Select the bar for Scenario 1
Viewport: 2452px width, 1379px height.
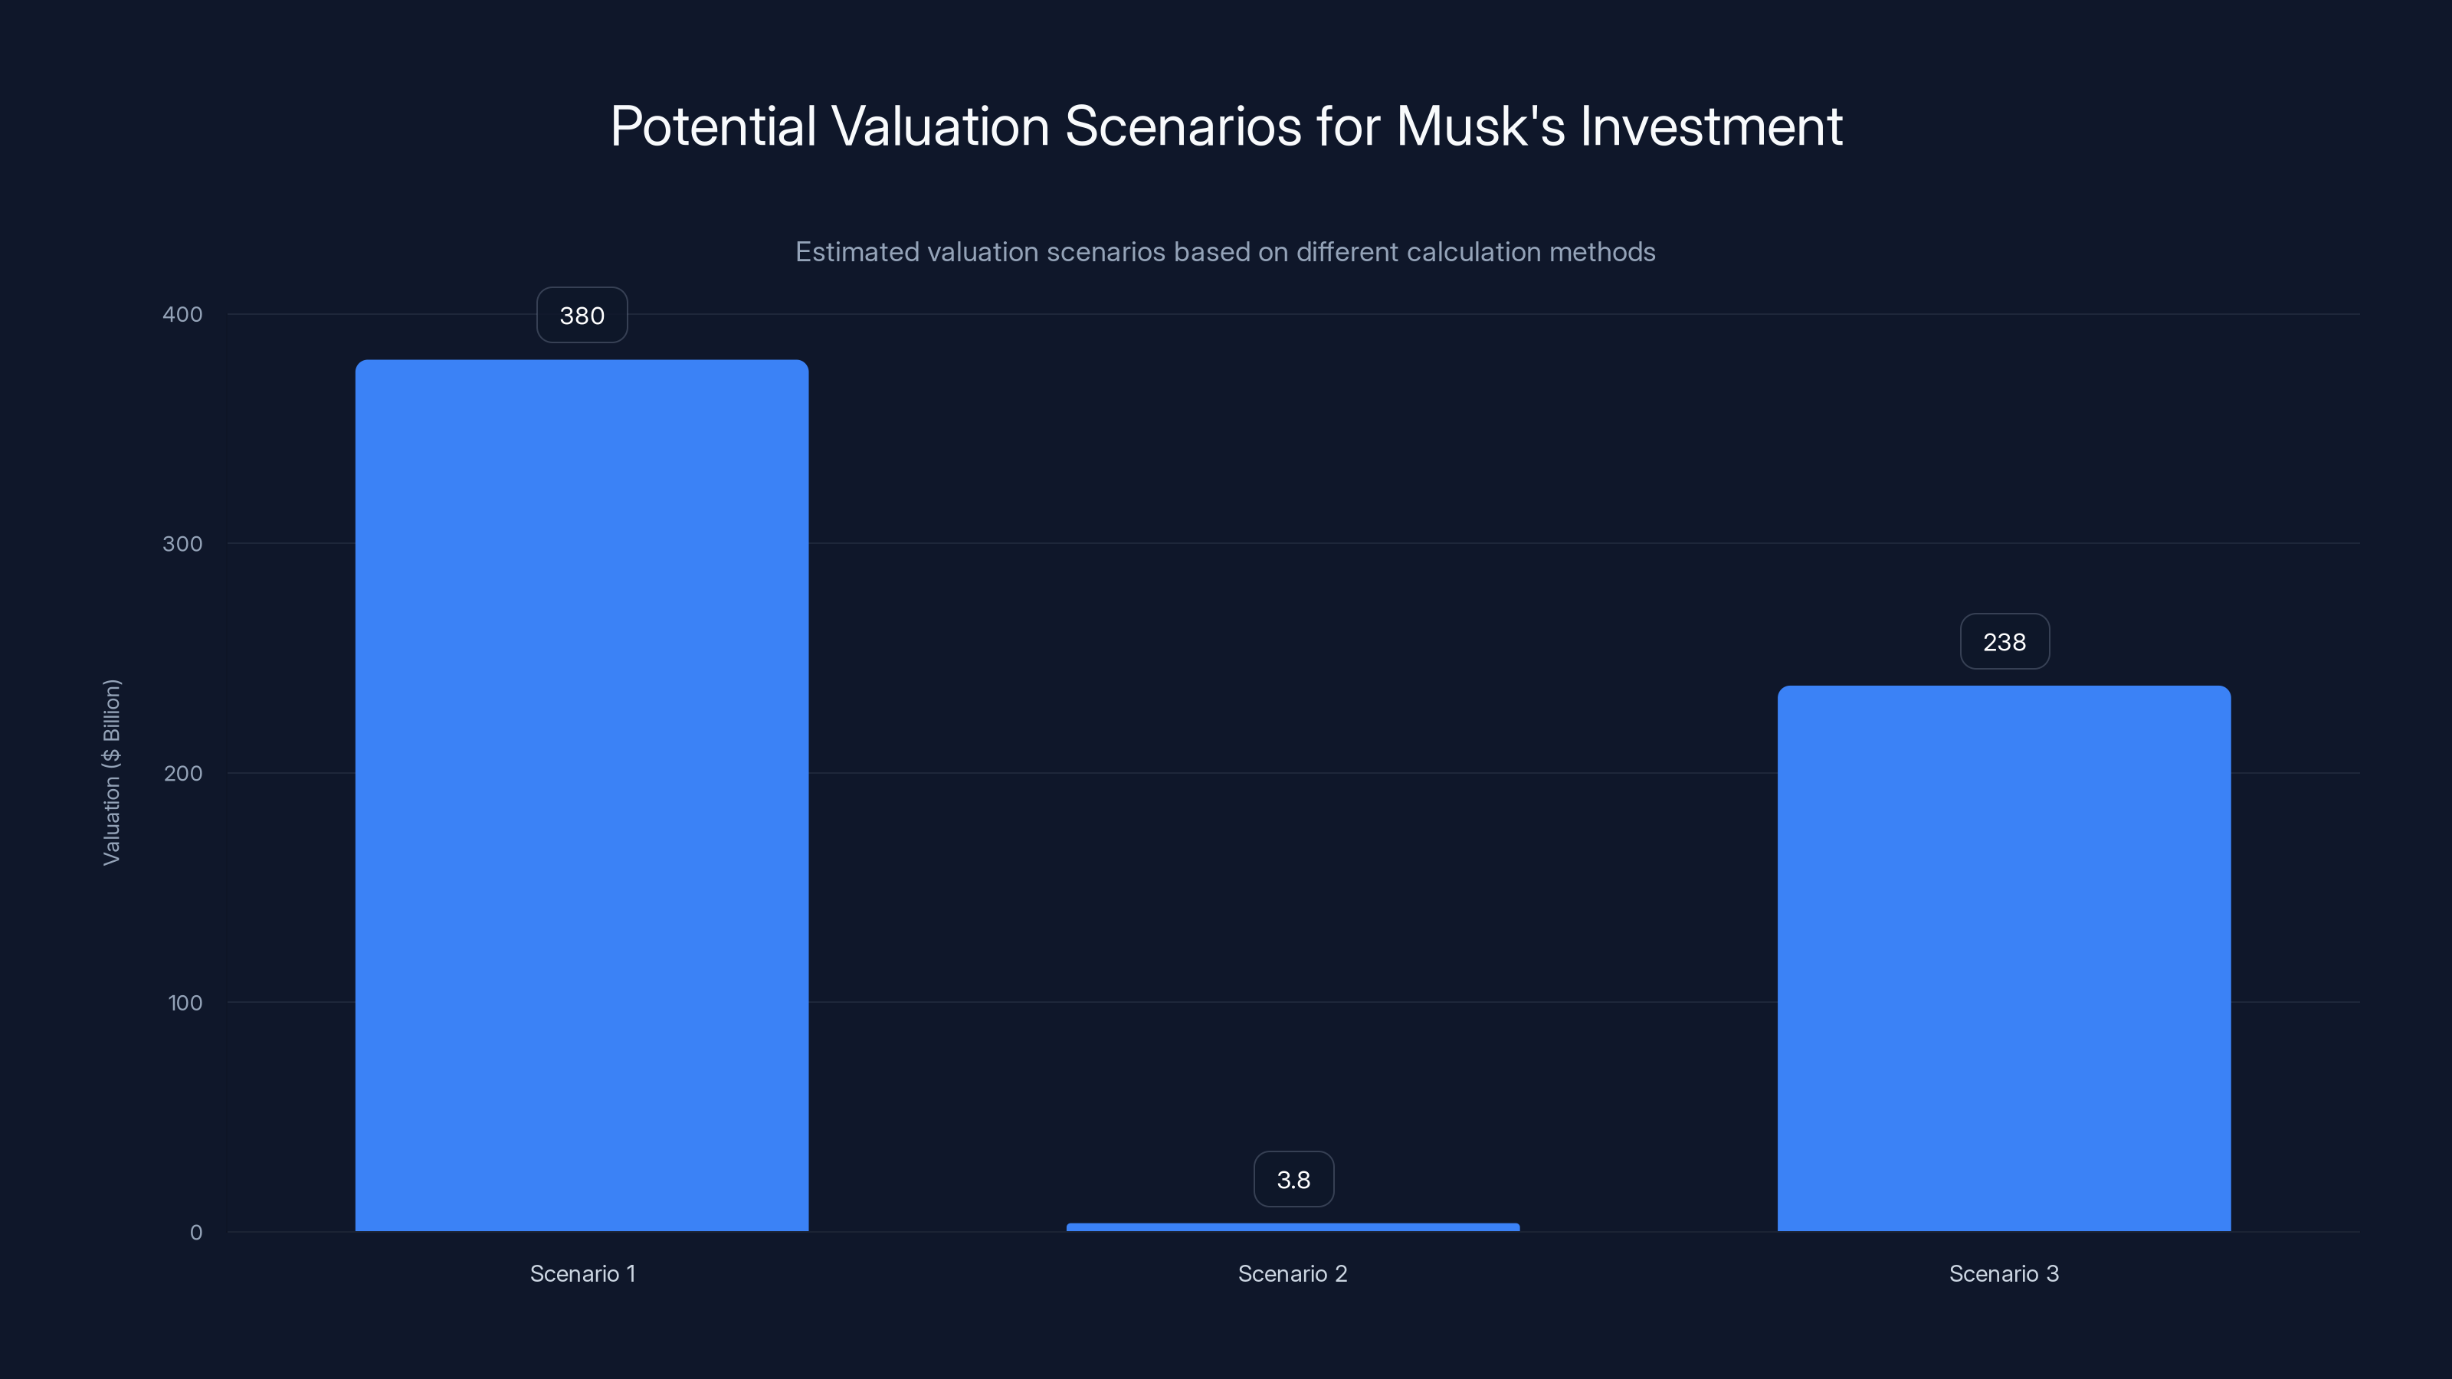(x=582, y=794)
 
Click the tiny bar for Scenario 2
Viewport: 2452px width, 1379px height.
(x=1293, y=1227)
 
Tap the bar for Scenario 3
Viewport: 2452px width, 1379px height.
(x=2004, y=958)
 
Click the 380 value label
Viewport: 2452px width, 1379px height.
(x=582, y=315)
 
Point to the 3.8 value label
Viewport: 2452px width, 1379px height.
(x=1293, y=1179)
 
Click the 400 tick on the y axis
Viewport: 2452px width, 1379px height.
(x=183, y=314)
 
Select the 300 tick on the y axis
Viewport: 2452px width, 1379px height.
(x=183, y=543)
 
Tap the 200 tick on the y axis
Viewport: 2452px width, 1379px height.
(x=183, y=773)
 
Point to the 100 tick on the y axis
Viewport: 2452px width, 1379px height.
(x=185, y=1002)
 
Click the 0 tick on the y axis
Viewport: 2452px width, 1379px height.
(x=196, y=1233)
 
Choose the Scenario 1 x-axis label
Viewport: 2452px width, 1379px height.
(x=582, y=1273)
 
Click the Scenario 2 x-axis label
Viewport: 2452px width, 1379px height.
(x=1293, y=1273)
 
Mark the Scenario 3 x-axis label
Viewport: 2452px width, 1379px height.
(x=2004, y=1273)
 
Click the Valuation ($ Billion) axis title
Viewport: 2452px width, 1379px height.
(x=111, y=771)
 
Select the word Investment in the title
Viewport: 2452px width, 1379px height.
(x=1710, y=126)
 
